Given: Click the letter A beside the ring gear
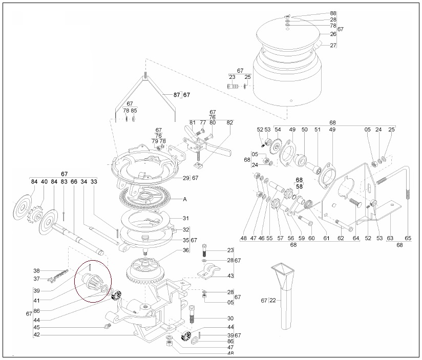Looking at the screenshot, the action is pyautogui.click(x=185, y=199).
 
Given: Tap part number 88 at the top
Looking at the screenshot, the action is pyautogui.click(x=333, y=13).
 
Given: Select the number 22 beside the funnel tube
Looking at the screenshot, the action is pyautogui.click(x=272, y=300).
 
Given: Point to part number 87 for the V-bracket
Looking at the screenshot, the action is pyautogui.click(x=177, y=95).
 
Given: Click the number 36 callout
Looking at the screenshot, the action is pyautogui.click(x=186, y=250).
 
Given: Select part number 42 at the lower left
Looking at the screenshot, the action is pyautogui.click(x=36, y=335).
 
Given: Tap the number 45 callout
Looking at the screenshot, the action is pyautogui.click(x=36, y=327).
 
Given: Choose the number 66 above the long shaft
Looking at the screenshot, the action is pyautogui.click(x=74, y=182).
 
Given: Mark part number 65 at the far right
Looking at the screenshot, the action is pyautogui.click(x=408, y=238).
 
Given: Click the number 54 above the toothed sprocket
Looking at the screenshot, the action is pyautogui.click(x=278, y=130).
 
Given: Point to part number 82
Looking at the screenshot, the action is pyautogui.click(x=229, y=122).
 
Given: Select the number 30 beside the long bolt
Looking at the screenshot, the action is pyautogui.click(x=230, y=319).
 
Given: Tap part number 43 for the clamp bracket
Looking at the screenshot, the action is pyautogui.click(x=230, y=276).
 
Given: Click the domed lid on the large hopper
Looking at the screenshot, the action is pyautogui.click(x=288, y=34).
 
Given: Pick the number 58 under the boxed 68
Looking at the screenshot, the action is pyautogui.click(x=299, y=186).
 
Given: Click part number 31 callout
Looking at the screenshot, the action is pyautogui.click(x=186, y=218).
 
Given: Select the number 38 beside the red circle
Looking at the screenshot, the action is pyautogui.click(x=36, y=271).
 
